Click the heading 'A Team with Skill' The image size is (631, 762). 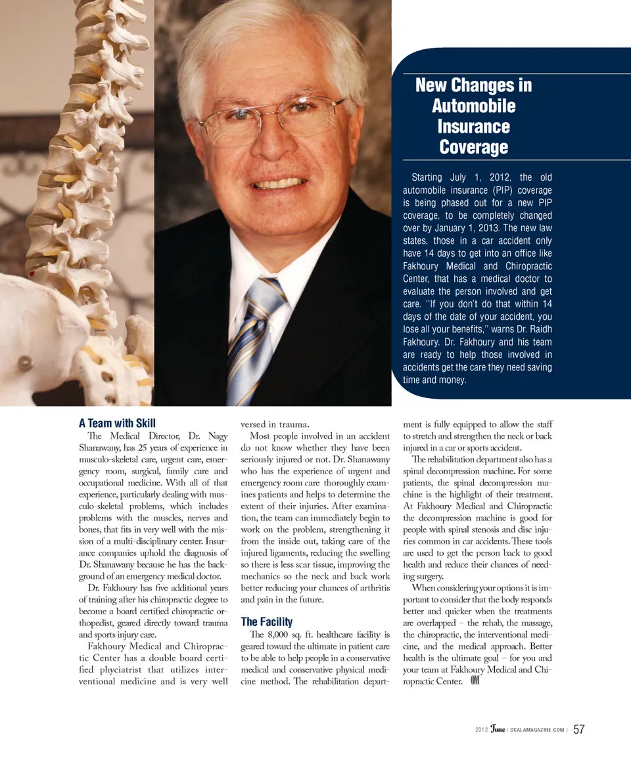tap(117, 423)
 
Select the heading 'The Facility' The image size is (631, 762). tap(267, 621)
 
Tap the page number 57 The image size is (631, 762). tap(579, 730)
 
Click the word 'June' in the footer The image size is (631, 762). tap(498, 730)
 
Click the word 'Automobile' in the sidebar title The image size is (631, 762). tap(473, 106)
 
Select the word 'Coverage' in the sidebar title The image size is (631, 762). tap(473, 146)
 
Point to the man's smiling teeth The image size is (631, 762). tap(279, 183)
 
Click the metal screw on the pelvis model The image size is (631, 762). tap(25, 362)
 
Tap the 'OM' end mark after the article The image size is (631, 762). tap(477, 681)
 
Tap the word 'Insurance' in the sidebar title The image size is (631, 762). tap(473, 126)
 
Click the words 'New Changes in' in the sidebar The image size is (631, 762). tap(473, 85)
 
